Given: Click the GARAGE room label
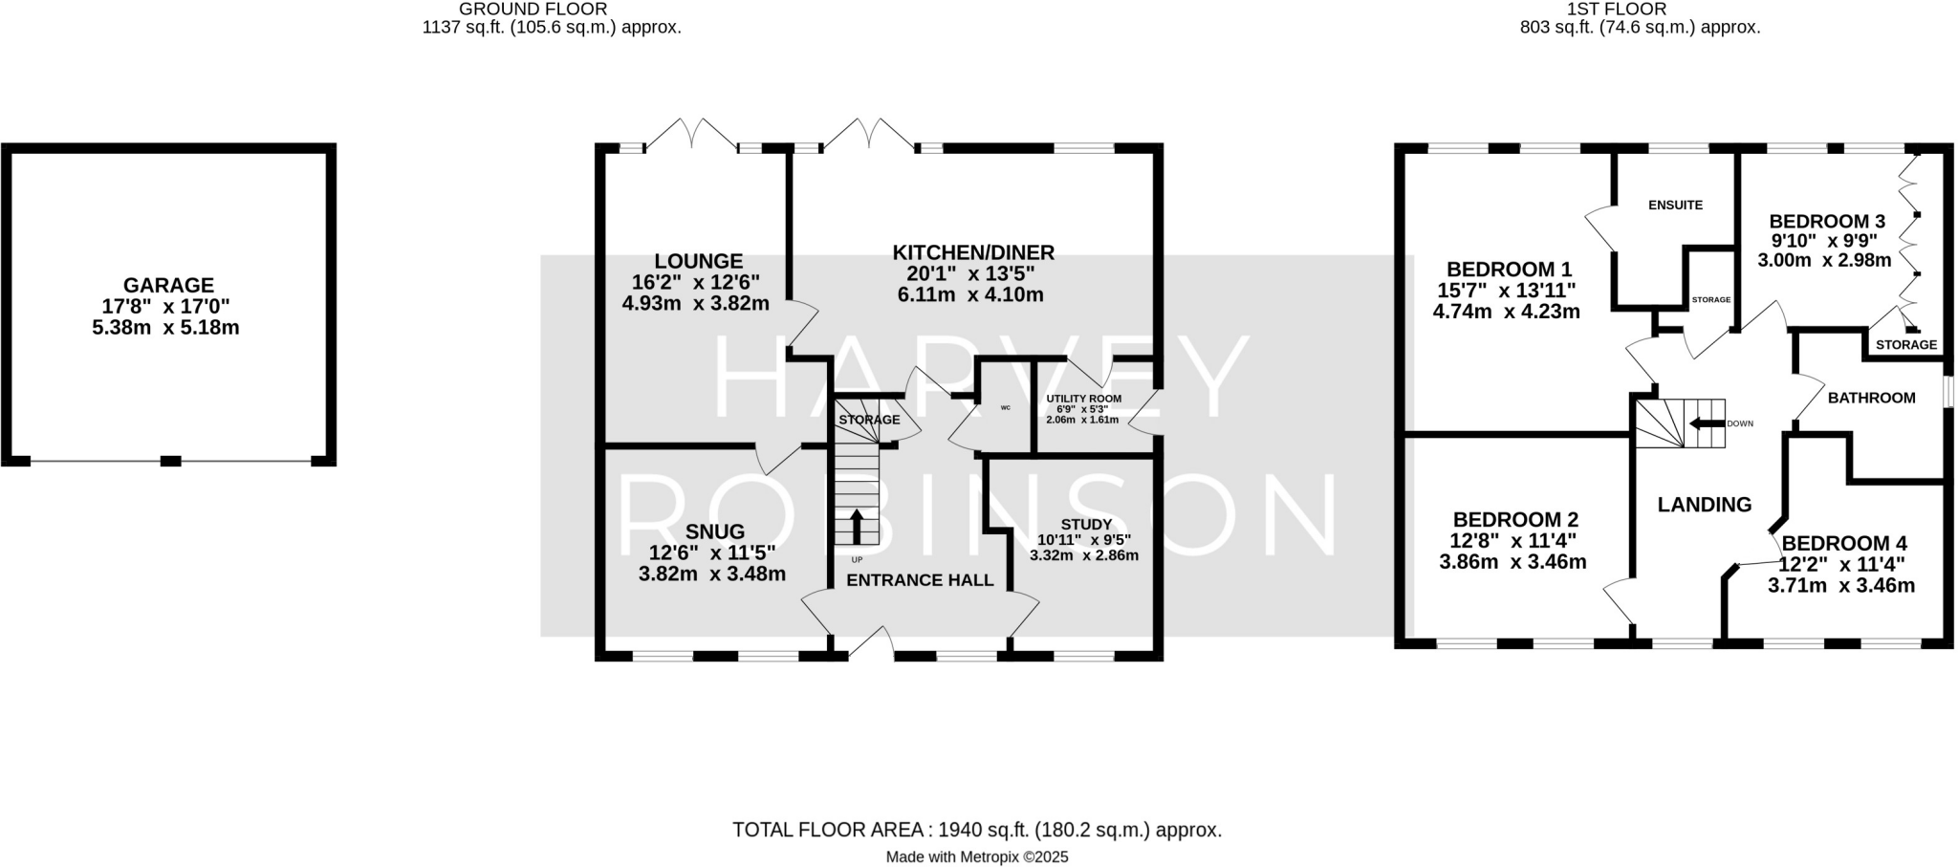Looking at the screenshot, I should tap(168, 285).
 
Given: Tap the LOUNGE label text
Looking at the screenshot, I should tap(699, 261).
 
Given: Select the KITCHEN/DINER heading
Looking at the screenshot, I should tap(973, 252).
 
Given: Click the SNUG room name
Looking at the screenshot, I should tap(714, 531).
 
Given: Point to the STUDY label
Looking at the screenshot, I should tap(1086, 524).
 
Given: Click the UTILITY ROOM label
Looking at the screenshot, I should tap(1083, 399).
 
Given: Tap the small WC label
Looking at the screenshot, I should tap(1005, 408).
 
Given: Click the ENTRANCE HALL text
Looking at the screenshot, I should tap(920, 580).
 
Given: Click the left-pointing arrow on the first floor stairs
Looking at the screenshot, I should tap(1705, 423).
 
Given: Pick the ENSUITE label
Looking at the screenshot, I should tap(1675, 205).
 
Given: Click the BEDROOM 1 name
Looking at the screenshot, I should tap(1509, 270).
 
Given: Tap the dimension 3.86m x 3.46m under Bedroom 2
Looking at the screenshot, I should tap(1512, 562).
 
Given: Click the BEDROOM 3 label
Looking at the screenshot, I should tap(1826, 221).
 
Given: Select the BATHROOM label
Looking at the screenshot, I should tap(1871, 398).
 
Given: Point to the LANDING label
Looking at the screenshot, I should tap(1704, 505).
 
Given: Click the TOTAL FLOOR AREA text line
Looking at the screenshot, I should tap(977, 830).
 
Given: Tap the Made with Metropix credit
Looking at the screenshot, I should tap(977, 857).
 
